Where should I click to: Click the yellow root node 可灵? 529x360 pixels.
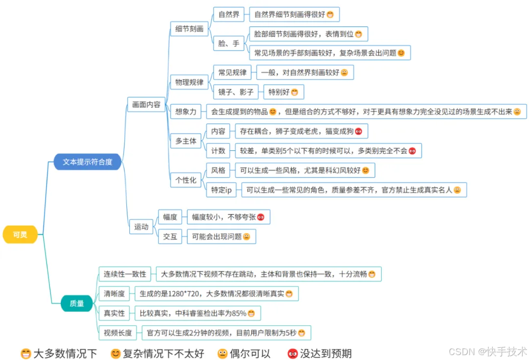pos(20,235)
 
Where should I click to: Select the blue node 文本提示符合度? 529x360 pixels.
pos(87,162)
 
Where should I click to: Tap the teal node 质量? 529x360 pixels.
pos(76,303)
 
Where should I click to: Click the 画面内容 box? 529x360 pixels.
pos(146,105)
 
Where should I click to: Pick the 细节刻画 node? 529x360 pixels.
pos(189,29)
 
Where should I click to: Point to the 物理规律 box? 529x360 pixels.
pos(189,82)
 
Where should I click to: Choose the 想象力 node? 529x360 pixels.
pos(186,112)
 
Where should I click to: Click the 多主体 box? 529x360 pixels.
pos(186,141)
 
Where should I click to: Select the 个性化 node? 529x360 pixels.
pos(186,180)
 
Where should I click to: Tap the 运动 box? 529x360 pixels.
pos(141,227)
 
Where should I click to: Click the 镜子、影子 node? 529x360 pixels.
pos(236,92)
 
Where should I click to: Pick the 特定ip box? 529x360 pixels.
pos(221,190)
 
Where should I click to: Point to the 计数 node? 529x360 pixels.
pos(218,151)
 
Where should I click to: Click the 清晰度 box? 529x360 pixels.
pos(114,294)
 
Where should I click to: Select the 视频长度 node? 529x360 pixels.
pos(118,333)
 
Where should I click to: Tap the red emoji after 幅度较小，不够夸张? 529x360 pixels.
pos(261,217)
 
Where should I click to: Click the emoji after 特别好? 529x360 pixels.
pos(294,92)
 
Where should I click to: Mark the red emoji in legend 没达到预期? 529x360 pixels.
pos(292,354)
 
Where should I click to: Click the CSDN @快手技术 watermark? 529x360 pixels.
pos(488,352)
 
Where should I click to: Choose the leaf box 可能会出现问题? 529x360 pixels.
pos(221,237)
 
